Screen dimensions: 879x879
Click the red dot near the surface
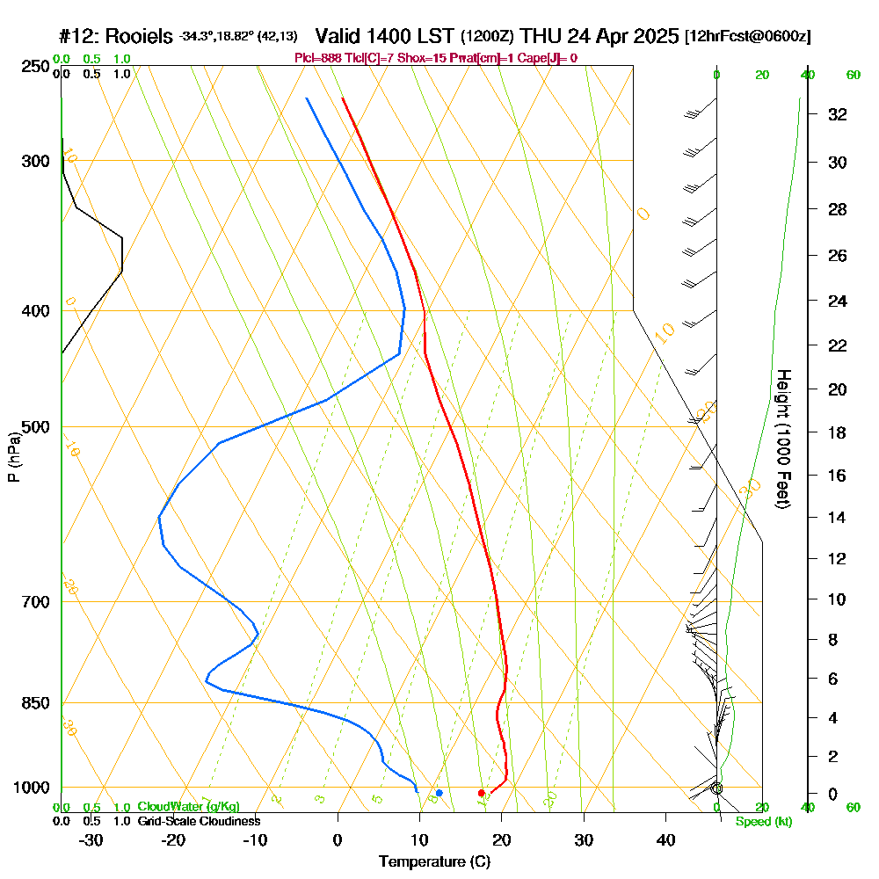(481, 793)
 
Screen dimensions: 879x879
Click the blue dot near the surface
(439, 793)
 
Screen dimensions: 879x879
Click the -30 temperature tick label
(91, 839)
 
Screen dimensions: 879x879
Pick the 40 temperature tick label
(665, 839)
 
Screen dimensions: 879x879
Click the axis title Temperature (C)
(434, 862)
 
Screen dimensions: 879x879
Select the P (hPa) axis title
(13, 457)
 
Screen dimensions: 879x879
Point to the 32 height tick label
(837, 114)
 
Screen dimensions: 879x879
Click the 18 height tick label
(837, 432)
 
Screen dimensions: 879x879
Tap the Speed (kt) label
(763, 821)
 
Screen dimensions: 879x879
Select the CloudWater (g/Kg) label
(187, 807)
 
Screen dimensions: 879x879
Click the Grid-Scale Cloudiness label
(198, 821)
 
